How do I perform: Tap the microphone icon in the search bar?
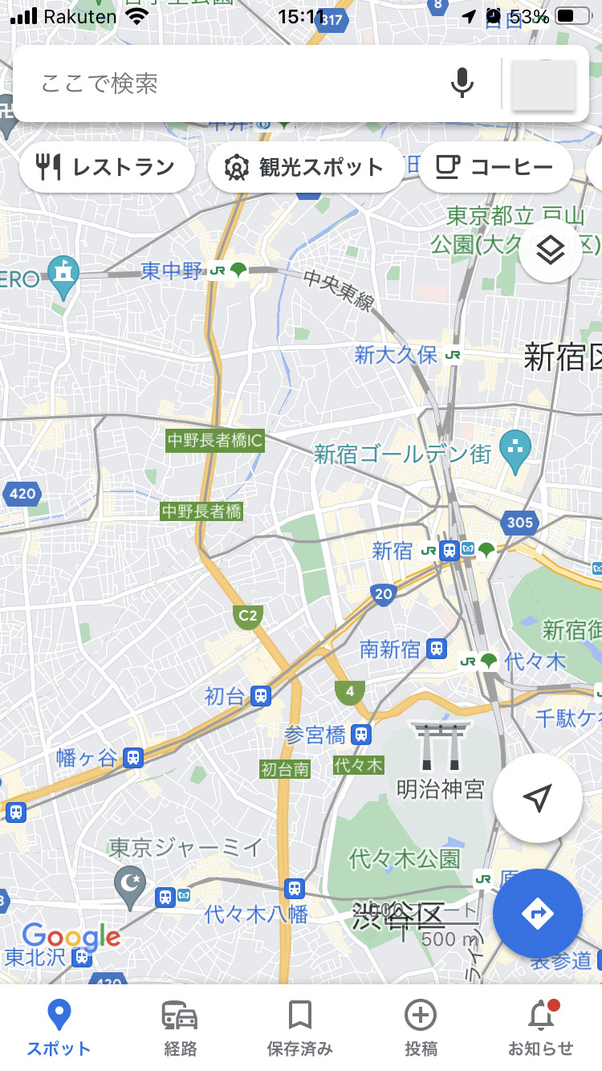462,83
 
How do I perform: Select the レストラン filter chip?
107,167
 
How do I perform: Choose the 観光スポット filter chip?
306,167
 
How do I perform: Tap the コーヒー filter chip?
495,167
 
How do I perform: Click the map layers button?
550,251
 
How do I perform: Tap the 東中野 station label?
173,271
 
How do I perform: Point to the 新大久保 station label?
396,355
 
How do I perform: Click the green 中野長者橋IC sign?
215,441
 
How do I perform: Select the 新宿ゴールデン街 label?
402,454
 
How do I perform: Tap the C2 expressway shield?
248,616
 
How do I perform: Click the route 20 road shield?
384,594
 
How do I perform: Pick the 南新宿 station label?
390,649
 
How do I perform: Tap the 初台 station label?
224,696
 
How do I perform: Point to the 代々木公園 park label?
405,858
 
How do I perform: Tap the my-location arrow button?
537,798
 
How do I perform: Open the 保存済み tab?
299,1028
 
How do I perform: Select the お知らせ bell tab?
540,1028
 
